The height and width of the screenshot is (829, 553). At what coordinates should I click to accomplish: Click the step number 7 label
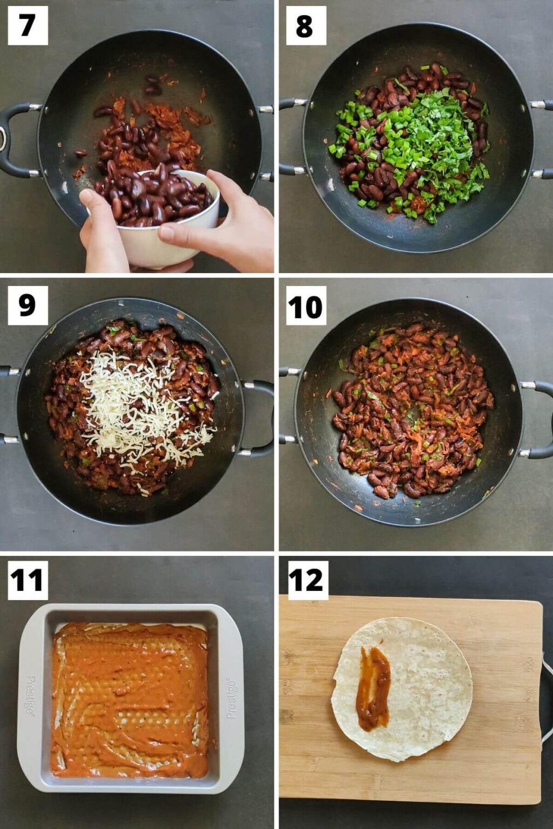coord(28,25)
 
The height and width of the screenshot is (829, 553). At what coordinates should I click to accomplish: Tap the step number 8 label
coord(305,25)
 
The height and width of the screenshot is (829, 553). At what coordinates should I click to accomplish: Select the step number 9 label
coord(28,305)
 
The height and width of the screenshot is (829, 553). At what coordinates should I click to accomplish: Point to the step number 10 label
coord(306,306)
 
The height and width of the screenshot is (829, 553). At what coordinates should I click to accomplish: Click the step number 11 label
coord(28,580)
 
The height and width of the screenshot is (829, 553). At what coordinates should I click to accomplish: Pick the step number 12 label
coord(307,580)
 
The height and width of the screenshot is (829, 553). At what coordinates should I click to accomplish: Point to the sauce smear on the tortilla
coord(374,688)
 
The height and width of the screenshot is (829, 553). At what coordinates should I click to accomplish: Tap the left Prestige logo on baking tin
coord(31,696)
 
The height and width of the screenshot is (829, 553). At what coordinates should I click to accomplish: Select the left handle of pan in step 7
coord(14,140)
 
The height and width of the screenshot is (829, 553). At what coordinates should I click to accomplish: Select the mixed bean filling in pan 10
coord(413,410)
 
